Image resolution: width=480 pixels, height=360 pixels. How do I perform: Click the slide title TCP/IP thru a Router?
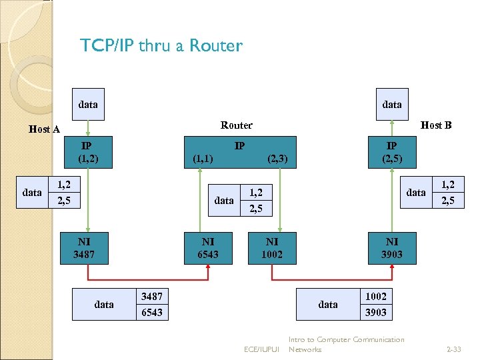[x=161, y=45]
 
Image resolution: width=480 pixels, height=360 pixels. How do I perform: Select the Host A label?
[x=45, y=129]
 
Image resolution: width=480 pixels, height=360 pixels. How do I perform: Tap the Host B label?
[x=436, y=125]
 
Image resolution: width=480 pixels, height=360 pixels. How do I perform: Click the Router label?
[x=237, y=125]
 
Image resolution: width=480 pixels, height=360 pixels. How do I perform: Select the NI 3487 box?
[x=84, y=247]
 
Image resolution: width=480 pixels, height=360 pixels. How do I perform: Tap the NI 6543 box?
[x=208, y=247]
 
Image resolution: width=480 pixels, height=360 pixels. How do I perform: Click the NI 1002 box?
[x=272, y=247]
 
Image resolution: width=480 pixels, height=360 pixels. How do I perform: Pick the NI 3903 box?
[x=392, y=247]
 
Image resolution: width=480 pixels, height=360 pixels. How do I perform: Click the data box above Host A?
[x=88, y=104]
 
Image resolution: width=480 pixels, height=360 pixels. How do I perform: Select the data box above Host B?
[x=392, y=104]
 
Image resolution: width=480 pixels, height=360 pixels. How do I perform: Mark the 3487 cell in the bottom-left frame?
[x=152, y=296]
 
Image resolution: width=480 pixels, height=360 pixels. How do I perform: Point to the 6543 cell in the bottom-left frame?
[x=152, y=312]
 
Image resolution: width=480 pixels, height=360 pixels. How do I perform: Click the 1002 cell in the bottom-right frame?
[x=376, y=296]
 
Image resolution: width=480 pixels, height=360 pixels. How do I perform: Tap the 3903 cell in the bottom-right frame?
[x=376, y=312]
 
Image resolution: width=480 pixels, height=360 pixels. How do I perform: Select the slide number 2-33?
[x=455, y=349]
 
